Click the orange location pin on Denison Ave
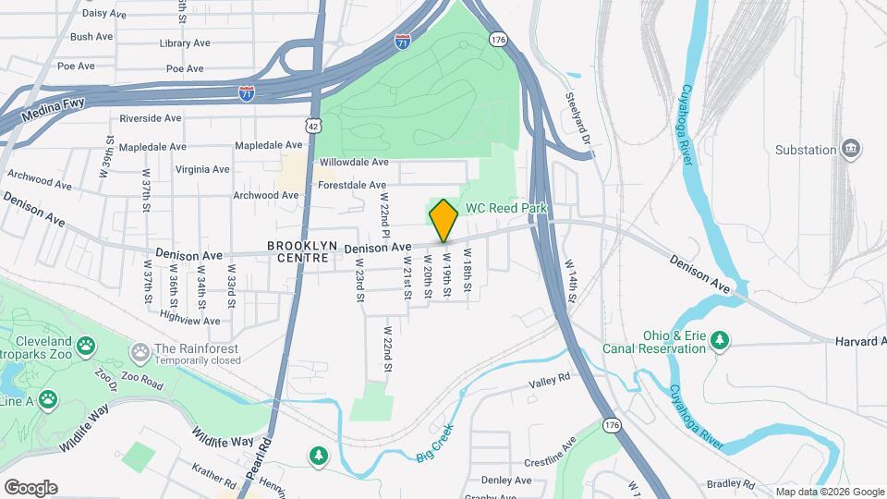pyautogui.click(x=443, y=220)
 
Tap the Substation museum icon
pyautogui.click(x=851, y=149)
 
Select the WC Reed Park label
pyautogui.click(x=506, y=209)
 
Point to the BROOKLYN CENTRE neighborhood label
pyautogui.click(x=298, y=251)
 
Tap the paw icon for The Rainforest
pyautogui.click(x=140, y=351)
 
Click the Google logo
pyautogui.click(x=30, y=488)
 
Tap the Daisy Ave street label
pyautogui.click(x=104, y=14)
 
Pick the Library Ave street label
pyautogui.click(x=181, y=43)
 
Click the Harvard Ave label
pyautogui.click(x=857, y=341)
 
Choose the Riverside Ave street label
pyautogui.click(x=151, y=118)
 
